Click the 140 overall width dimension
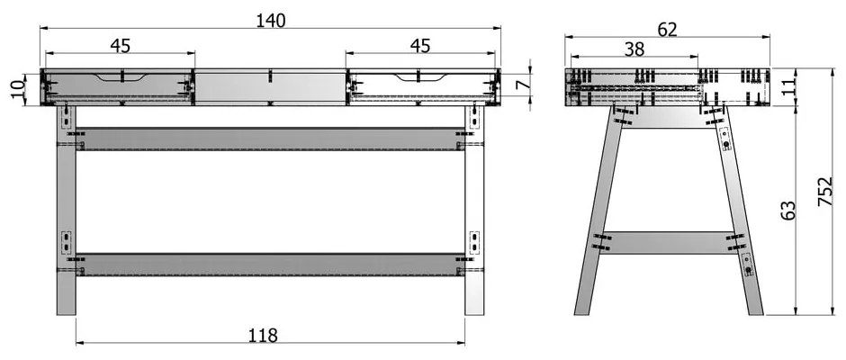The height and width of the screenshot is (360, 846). tap(270, 21)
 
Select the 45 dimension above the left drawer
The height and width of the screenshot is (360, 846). tap(121, 46)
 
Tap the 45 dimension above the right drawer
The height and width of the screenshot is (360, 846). tap(420, 46)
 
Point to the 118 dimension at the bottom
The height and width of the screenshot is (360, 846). tap(263, 335)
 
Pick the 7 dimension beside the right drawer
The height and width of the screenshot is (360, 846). tap(520, 85)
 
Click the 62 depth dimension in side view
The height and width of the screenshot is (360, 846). tap(667, 29)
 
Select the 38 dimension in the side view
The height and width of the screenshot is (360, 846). tap(634, 49)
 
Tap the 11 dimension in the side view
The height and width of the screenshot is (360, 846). tap(788, 85)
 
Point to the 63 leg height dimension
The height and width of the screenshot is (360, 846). tap(788, 210)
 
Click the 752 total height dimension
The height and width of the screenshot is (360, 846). tap(825, 191)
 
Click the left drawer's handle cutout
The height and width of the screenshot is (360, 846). tap(121, 78)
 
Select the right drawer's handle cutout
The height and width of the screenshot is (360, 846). tap(420, 78)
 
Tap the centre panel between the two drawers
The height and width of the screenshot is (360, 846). tap(270, 87)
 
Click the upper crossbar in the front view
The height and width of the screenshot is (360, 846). tap(270, 139)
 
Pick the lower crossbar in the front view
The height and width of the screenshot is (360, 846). tap(270, 265)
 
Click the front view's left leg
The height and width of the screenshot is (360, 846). tap(67, 211)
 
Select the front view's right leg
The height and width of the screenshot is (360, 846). tap(474, 211)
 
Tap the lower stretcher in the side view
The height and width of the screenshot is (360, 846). tap(668, 243)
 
